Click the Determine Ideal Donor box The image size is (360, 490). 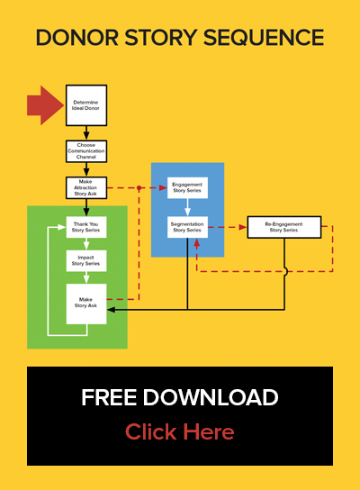tap(86, 105)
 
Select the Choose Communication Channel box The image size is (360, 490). tap(86, 151)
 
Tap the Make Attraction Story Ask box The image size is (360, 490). tap(86, 188)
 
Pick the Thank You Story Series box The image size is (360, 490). tap(86, 227)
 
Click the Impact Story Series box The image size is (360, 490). tap(86, 260)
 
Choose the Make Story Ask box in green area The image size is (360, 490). tap(86, 304)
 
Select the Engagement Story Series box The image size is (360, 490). tap(187, 188)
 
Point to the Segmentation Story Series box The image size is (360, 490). tap(187, 227)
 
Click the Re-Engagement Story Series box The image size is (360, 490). tap(284, 227)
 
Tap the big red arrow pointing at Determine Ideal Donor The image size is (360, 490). tap(45, 105)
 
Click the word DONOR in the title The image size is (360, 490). tap(77, 38)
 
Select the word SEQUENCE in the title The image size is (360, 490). tap(264, 38)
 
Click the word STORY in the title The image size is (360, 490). tap(161, 38)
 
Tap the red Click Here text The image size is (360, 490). tap(179, 431)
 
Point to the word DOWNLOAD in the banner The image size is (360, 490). tap(211, 397)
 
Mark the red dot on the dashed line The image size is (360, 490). tap(139, 188)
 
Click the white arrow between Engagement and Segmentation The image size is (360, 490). tap(187, 207)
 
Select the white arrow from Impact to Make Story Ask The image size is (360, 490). tap(86, 277)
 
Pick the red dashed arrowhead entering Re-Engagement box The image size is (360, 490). tap(243, 227)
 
